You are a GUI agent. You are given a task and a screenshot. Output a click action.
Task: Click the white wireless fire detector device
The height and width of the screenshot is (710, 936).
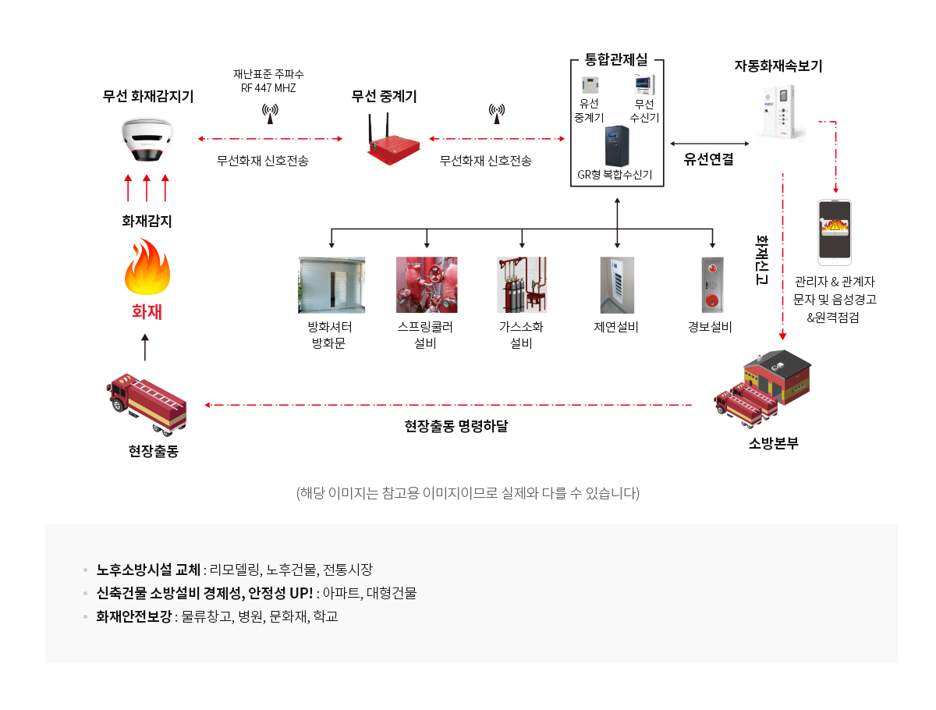[147, 140]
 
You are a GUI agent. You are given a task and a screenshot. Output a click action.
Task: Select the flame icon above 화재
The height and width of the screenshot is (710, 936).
[147, 266]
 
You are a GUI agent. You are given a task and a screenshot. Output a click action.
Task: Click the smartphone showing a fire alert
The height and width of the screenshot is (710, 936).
[834, 233]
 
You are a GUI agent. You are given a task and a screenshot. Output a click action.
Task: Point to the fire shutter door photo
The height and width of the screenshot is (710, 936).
[331, 285]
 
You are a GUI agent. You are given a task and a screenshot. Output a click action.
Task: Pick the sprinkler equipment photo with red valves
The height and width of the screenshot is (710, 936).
[427, 285]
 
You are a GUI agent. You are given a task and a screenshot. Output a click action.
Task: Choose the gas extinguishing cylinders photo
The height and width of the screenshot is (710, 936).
[522, 285]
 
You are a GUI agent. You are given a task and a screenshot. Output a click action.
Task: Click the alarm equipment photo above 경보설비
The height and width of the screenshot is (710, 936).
[712, 285]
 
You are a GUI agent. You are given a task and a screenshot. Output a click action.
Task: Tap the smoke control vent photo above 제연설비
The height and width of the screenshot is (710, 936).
[617, 285]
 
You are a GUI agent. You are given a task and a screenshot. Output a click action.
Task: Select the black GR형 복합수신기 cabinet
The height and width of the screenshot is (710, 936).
[617, 146]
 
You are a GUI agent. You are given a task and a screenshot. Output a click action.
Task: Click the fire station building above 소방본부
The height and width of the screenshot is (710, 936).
[776, 377]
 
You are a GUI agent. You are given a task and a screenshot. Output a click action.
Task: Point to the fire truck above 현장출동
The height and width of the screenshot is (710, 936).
[147, 404]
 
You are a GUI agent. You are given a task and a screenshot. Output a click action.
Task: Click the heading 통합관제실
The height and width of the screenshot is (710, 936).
[615, 59]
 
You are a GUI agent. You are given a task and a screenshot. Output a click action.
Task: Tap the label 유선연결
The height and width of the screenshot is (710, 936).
[708, 159]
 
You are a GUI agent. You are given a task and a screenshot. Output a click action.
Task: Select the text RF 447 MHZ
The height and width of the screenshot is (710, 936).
[268, 88]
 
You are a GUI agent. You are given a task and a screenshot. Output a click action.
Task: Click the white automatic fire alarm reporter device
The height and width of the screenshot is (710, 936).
[778, 112]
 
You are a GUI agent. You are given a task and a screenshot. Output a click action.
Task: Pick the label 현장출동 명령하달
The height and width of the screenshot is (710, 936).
[456, 425]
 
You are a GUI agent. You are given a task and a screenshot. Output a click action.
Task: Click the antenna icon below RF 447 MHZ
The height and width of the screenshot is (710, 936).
[270, 113]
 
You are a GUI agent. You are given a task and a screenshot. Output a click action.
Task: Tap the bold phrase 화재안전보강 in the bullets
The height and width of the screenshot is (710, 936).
[134, 616]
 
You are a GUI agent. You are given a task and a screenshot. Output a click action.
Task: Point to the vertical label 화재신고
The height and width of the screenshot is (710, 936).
[761, 260]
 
